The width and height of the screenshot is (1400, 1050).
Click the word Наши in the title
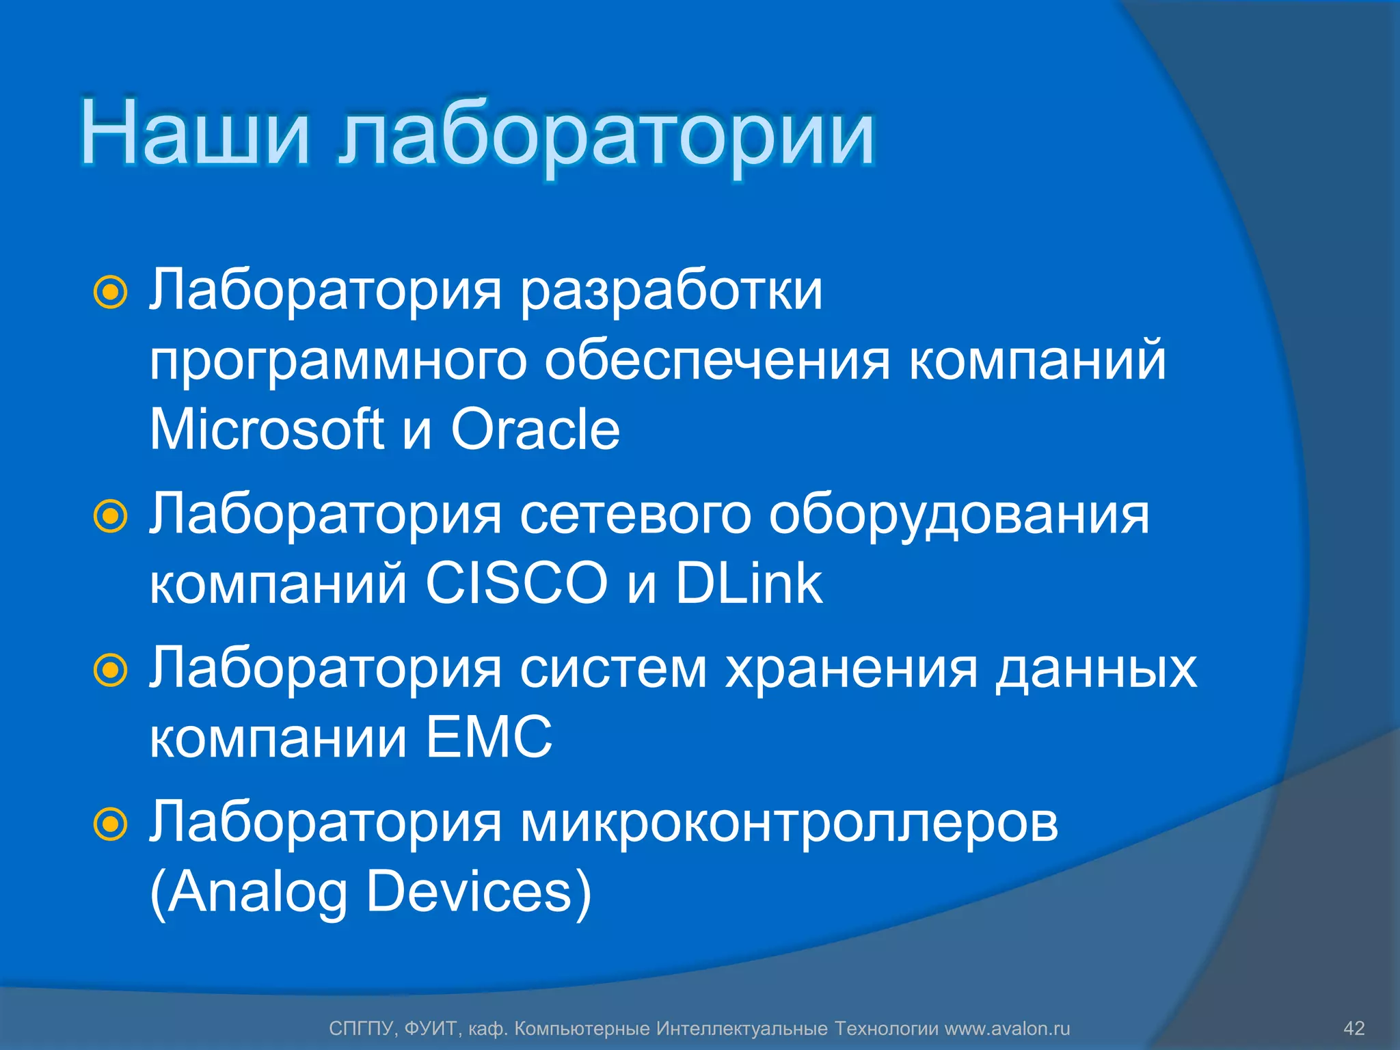[x=195, y=133]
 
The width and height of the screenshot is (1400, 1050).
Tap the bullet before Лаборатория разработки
[x=110, y=293]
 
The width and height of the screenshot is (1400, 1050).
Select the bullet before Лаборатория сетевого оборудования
[x=110, y=516]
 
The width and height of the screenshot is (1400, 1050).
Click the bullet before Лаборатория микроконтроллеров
[x=110, y=824]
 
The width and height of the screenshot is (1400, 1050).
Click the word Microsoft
[x=267, y=429]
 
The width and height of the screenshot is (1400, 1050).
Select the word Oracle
[x=535, y=429]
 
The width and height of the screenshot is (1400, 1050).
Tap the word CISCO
[x=516, y=583]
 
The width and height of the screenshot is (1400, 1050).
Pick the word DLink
[x=749, y=583]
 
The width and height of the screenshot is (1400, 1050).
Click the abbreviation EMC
[x=489, y=737]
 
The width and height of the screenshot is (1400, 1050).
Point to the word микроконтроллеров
[x=789, y=824]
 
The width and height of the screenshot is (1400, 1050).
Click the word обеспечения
[x=717, y=362]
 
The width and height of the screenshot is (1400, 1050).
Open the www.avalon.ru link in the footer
[x=1007, y=1028]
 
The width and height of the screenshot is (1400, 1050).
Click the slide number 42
[x=1354, y=1028]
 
